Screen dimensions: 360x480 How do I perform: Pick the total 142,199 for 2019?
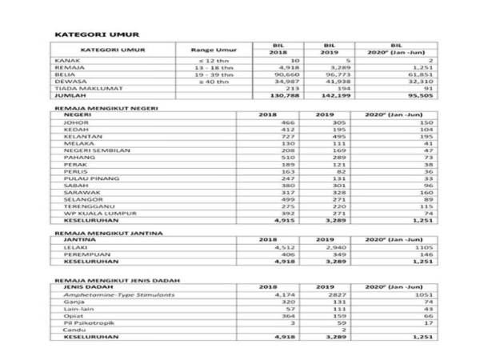(x=336, y=95)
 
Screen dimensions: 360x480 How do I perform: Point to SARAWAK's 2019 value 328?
(x=324, y=193)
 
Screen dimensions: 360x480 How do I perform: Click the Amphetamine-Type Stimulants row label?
(x=109, y=294)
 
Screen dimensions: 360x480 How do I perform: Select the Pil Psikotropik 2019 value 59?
(x=323, y=322)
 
